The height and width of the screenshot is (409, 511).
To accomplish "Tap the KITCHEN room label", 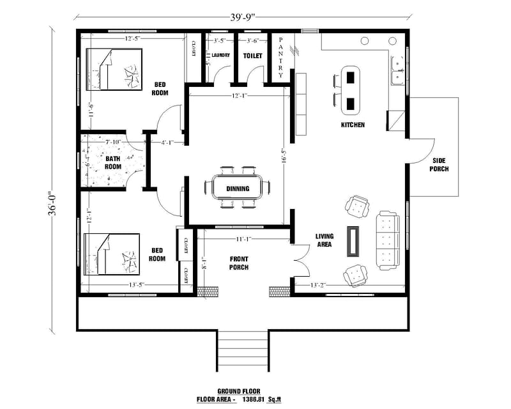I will pos(353,125).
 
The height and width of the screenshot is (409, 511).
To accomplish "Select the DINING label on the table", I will pos(238,189).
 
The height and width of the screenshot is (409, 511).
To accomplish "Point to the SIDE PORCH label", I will pos(440,165).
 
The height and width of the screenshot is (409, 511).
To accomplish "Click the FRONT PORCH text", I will pos(238,263).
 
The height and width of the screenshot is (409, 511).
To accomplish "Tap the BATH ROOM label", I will pos(113,163).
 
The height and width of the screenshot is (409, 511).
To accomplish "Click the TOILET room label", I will pos(252,56).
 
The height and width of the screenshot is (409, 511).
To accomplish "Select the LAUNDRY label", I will pos(221,56).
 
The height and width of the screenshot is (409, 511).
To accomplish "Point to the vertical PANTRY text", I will pos(280,56).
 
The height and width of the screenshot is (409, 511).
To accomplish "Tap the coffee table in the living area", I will pos(353,240).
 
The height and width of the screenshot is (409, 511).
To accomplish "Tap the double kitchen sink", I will pos(397,70).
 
